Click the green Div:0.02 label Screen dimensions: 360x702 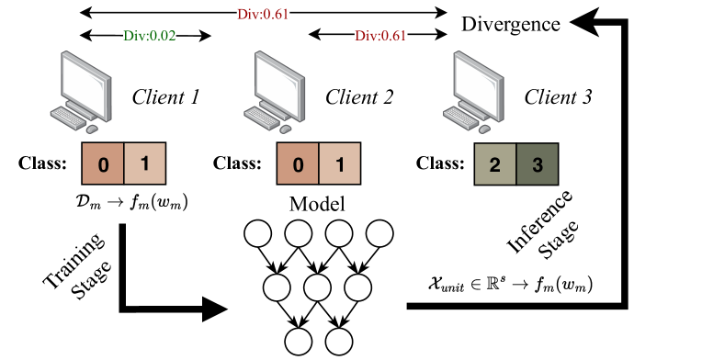coord(150,36)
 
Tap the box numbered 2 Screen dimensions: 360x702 coord(495,165)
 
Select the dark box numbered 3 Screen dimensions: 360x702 coord(538,165)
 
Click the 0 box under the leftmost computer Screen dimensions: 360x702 coord(103,164)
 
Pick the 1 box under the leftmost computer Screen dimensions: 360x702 coord(144,164)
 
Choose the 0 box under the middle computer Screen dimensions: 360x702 coord(298,164)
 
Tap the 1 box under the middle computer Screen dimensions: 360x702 coord(339,164)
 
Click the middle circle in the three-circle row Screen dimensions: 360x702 coord(317,288)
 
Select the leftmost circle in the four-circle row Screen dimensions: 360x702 coord(258,234)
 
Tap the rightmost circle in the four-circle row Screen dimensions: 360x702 coord(379,234)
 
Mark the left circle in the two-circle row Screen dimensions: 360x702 coord(299,342)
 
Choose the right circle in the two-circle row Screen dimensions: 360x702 coord(339,342)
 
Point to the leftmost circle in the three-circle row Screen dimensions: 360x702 coord(277,288)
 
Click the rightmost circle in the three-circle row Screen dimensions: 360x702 coord(357,288)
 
